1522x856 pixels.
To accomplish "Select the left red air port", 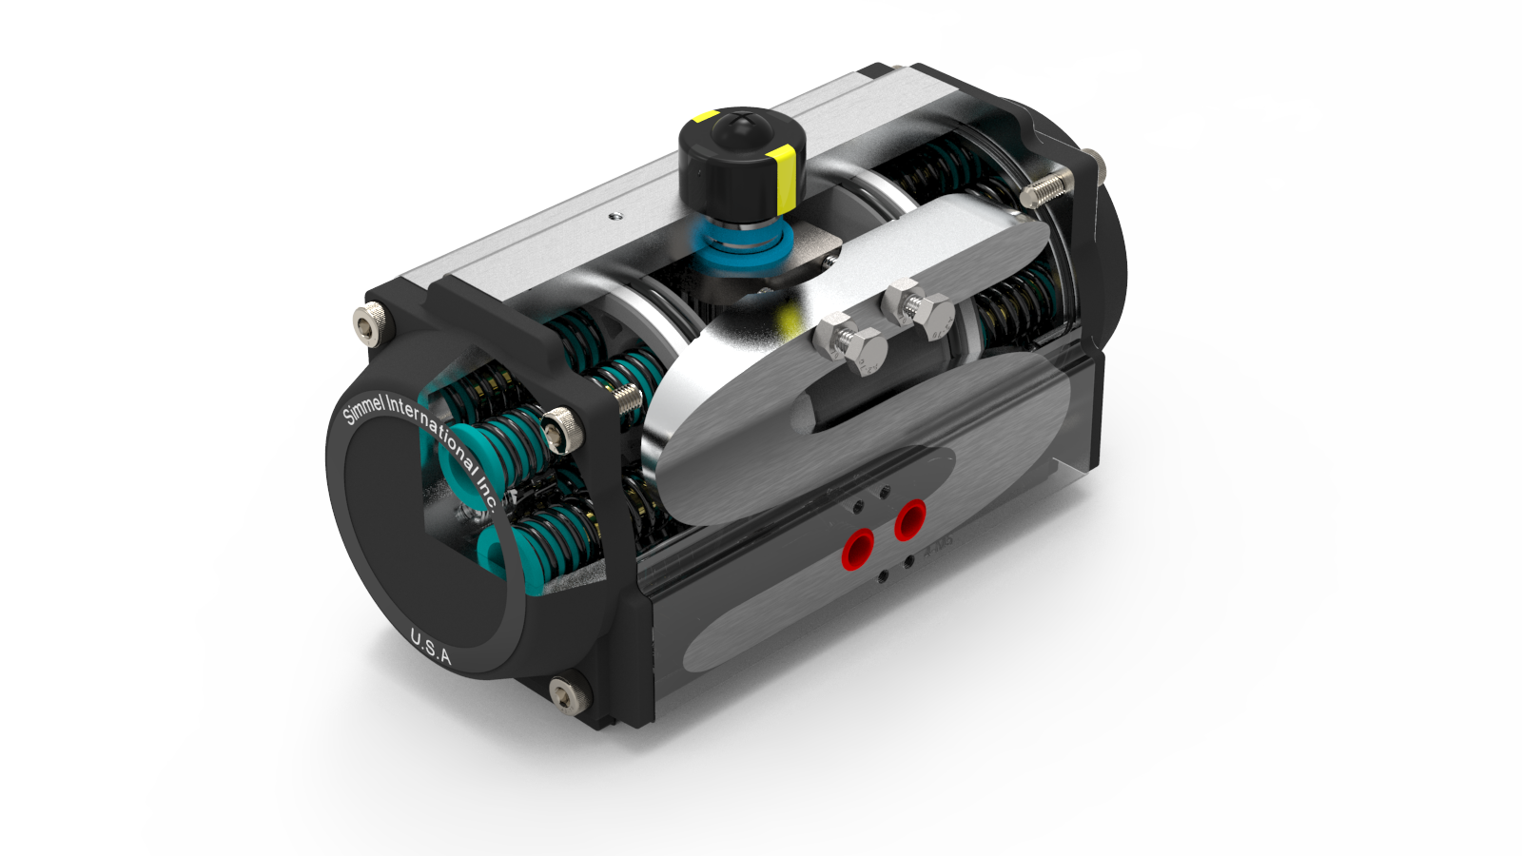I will point(858,549).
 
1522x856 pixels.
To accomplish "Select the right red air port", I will point(910,519).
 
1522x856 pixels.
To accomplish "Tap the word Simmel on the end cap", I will point(363,410).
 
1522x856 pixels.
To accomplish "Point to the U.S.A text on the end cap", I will point(430,647).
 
